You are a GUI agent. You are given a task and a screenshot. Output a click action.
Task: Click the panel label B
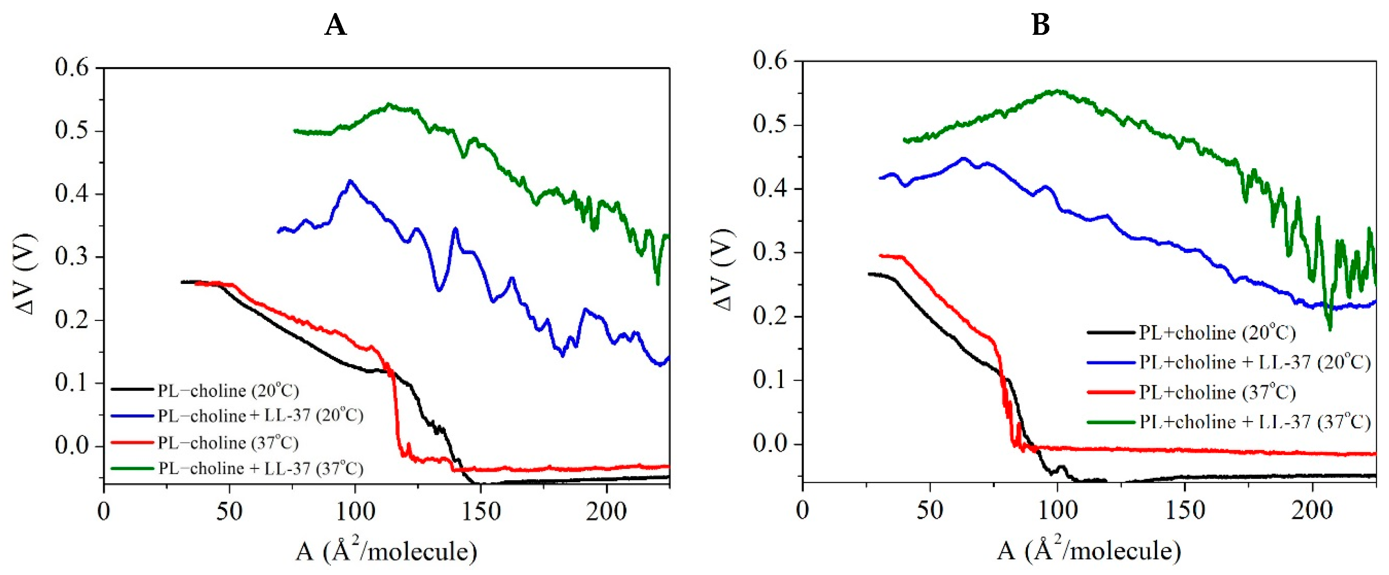coord(1040,25)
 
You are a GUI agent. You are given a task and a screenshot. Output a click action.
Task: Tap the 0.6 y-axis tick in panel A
coord(71,68)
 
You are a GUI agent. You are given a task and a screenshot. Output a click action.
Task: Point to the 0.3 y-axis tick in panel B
coord(770,252)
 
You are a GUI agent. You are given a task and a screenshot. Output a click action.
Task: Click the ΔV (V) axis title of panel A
coord(25,274)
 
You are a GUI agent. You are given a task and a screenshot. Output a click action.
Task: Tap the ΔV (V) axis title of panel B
coord(723,270)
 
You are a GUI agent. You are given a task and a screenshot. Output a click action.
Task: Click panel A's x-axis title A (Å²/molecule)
coord(386,551)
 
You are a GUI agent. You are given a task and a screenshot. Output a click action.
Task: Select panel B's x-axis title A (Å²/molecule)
coord(1089,550)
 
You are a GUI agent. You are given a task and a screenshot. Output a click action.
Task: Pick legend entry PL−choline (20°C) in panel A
coord(228,390)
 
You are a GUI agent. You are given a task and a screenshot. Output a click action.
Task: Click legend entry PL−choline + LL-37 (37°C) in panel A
coord(260,468)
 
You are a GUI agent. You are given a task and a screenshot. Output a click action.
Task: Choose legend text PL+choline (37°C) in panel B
coord(1217,392)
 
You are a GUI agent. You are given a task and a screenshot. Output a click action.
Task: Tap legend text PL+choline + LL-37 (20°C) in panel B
coord(1255,362)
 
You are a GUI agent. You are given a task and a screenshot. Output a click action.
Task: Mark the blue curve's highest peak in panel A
coord(351,181)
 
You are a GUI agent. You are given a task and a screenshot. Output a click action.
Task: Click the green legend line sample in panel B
coord(1111,422)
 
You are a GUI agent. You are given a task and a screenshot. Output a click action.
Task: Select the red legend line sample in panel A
coord(132,443)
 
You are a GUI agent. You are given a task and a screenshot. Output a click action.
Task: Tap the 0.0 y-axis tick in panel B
coord(770,443)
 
